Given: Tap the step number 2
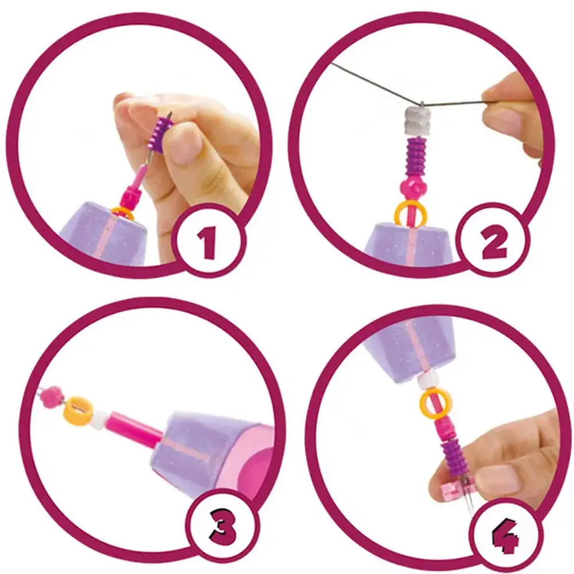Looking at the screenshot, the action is point(495,243).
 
